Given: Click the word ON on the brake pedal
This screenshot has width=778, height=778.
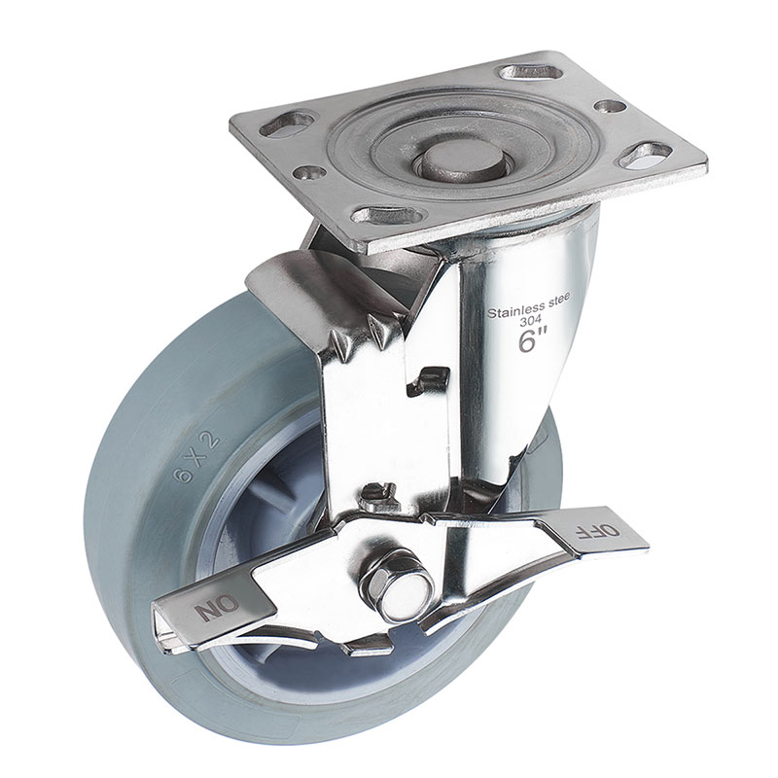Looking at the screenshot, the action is pyautogui.click(x=217, y=607).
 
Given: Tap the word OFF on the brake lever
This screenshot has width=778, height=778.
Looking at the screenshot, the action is pyautogui.click(x=597, y=531).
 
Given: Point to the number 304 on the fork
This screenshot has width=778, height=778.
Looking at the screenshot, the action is pyautogui.click(x=530, y=321).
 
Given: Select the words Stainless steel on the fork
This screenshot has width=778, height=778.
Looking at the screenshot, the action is pyautogui.click(x=529, y=306).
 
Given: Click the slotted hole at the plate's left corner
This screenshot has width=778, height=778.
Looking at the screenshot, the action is pyautogui.click(x=288, y=124).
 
